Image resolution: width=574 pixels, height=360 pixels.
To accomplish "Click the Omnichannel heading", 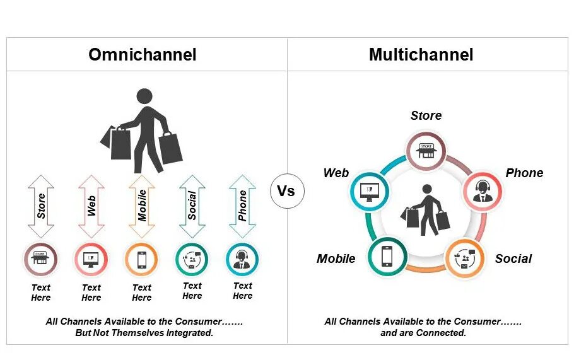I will [142, 54].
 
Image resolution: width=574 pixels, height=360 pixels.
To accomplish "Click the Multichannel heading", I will [421, 54].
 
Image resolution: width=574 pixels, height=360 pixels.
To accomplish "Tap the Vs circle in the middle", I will [286, 191].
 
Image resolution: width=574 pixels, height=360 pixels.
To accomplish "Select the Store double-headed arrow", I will [41, 206].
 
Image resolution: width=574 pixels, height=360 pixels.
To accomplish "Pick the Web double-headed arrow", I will [91, 206].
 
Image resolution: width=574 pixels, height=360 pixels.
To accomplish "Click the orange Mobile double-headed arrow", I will [142, 206].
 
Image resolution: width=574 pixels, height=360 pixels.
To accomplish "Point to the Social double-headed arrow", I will [192, 206].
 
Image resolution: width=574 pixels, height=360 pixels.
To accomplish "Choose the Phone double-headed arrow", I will [243, 206].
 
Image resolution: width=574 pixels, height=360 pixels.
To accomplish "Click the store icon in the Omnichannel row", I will [41, 259].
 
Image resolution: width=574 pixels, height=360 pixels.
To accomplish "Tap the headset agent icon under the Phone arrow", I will [243, 259].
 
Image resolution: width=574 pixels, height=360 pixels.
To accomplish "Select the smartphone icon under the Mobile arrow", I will [142, 259].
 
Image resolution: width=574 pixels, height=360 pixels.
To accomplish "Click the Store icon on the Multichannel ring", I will [426, 151].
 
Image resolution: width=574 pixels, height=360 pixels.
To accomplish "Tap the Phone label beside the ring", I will [524, 173].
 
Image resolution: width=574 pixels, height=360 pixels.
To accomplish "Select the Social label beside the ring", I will [513, 258].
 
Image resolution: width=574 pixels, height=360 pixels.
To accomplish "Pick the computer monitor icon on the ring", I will [369, 190].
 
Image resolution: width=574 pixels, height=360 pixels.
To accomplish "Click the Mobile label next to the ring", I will [336, 258].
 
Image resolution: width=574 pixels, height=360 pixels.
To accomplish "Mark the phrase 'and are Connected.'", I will [423, 333].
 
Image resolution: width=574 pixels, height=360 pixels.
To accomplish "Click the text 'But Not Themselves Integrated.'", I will [144, 333].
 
